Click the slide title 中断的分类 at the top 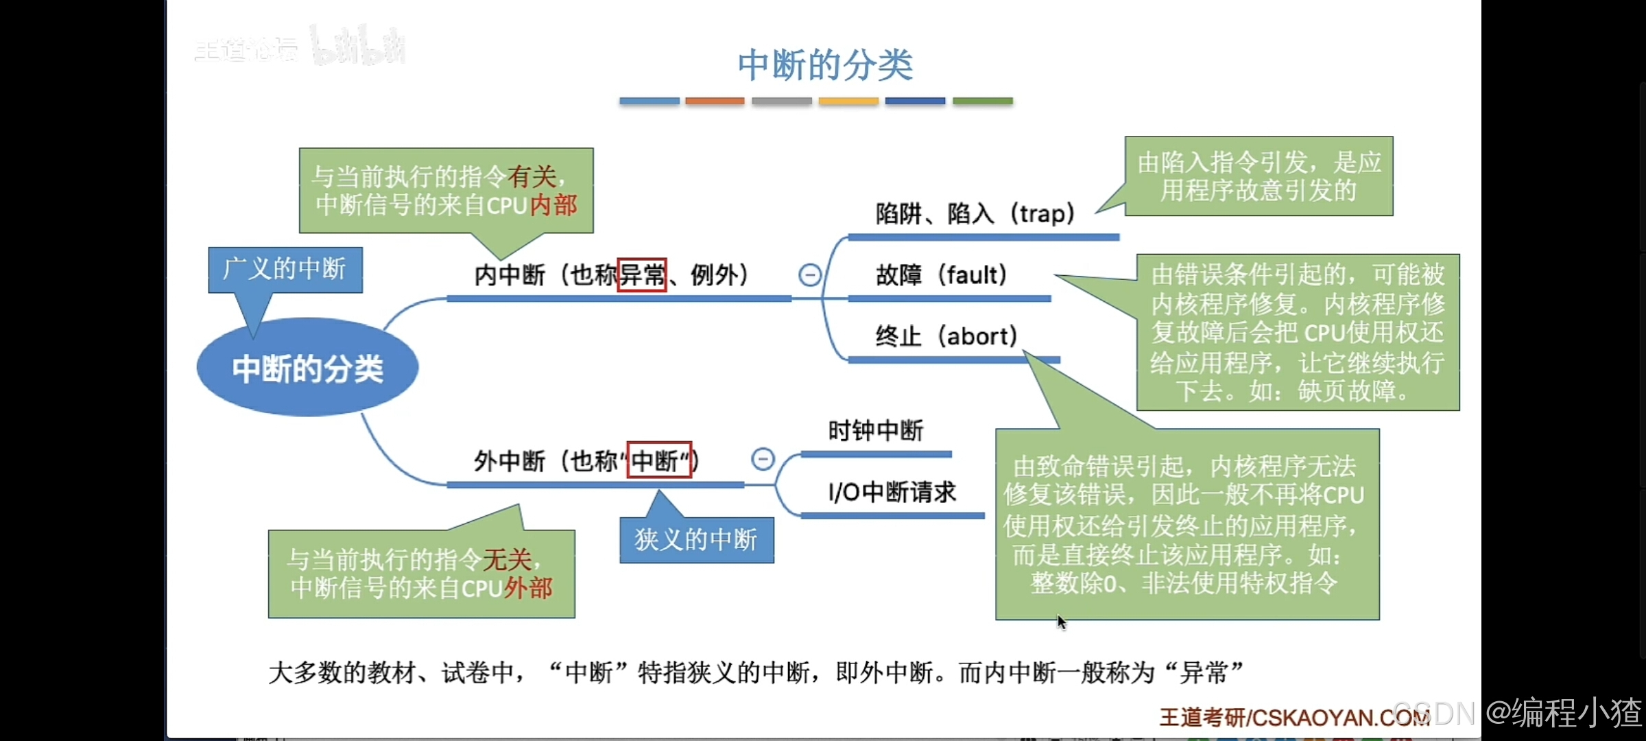[825, 65]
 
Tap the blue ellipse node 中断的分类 [307, 368]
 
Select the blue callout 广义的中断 [285, 269]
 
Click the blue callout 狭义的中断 [696, 540]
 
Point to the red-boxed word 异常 [642, 275]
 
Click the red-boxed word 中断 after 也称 [659, 460]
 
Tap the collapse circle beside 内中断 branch [809, 275]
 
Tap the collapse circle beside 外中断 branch [763, 459]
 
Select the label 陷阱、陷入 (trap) [975, 214]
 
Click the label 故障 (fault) [941, 275]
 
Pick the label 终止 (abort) [946, 336]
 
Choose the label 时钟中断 [876, 431]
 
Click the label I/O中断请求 [892, 492]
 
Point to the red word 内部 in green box [553, 205]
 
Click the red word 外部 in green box [528, 588]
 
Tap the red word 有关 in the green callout [532, 176]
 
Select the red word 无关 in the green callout [508, 560]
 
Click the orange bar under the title [715, 101]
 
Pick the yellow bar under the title [848, 101]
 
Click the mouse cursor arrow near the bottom [1061, 622]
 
